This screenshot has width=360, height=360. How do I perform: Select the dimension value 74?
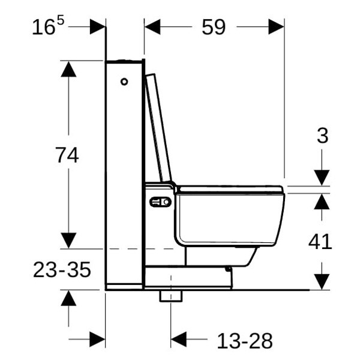[67, 155]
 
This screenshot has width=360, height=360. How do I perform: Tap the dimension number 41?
[320, 241]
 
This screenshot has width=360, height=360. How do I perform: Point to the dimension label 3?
[322, 136]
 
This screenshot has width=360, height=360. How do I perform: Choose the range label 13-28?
[245, 341]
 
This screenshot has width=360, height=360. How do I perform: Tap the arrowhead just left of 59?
[152, 27]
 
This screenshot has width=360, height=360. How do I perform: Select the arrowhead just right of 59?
[276, 27]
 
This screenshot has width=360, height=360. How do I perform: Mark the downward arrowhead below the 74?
[68, 240]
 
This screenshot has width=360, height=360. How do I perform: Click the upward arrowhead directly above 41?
[322, 202]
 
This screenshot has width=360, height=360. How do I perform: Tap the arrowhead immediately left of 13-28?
[179, 340]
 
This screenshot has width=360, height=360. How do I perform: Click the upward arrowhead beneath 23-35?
[68, 298]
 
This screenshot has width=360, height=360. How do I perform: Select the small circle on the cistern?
[124, 82]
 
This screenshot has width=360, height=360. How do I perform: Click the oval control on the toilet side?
[160, 203]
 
